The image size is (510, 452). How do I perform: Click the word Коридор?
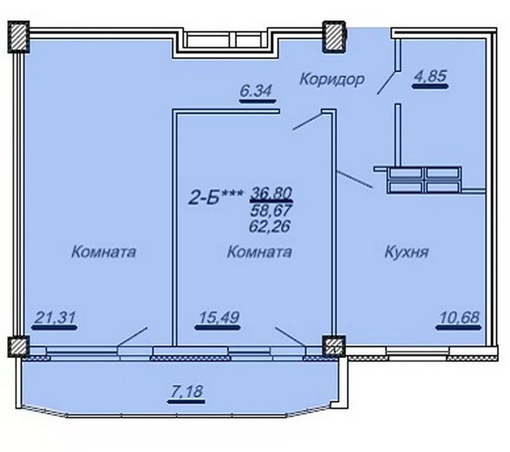pos(332,80)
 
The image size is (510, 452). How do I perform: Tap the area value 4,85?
pos(430,76)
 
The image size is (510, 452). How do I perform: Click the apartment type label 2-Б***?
pos(216,198)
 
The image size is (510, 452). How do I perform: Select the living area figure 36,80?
pos(271,193)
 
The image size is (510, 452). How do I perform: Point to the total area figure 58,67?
pos(271,210)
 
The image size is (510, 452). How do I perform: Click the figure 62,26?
pos(270,226)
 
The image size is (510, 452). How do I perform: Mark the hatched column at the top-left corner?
pos(19,37)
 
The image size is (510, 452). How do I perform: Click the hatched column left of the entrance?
pos(334,37)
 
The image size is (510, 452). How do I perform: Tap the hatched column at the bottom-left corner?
pos(18,347)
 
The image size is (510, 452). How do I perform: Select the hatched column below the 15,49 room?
pos(334,347)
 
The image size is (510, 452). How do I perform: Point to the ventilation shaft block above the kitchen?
pos(424,180)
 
